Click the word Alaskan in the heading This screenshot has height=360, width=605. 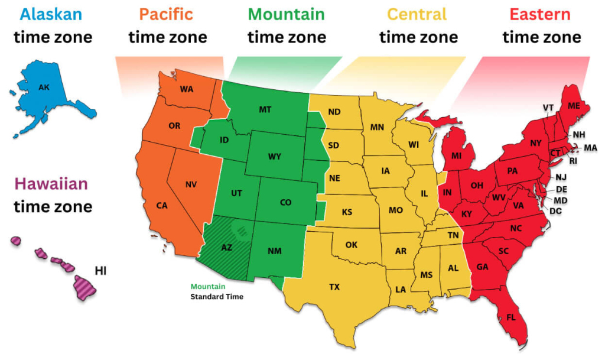pos(50,14)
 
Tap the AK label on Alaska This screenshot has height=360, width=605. pos(44,88)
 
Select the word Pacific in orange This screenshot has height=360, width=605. pos(168,14)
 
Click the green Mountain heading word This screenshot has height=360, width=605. pos(287,14)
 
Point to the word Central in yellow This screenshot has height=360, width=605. pos(418,14)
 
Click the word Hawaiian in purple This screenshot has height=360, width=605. pos(51,184)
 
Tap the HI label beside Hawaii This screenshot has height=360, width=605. pos(101,271)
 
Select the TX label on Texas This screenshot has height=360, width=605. pos(334,287)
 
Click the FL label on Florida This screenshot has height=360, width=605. pos(511,317)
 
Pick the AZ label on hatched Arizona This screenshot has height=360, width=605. pos(227,248)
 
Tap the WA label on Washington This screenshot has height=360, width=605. pos(187,89)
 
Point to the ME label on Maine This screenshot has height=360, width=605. pos(574,106)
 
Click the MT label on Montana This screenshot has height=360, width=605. pos(265,109)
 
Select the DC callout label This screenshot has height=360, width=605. pos(555,211)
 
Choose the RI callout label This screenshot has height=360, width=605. pos(573,160)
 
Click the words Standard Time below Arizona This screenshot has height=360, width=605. pos(216,296)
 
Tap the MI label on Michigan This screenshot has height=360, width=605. pos(456,156)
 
